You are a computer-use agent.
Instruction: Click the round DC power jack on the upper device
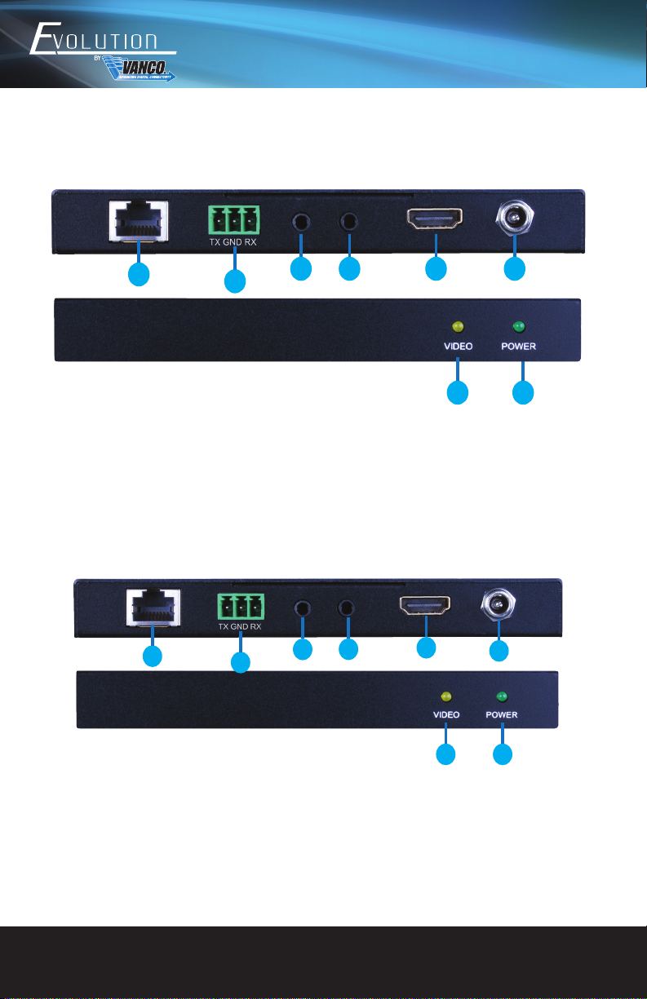coord(515,218)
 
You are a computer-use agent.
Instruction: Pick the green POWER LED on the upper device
coord(516,328)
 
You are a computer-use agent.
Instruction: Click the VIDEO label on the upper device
coord(458,346)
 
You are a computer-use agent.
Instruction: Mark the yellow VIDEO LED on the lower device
coord(446,697)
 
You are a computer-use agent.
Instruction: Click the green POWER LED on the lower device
coord(503,697)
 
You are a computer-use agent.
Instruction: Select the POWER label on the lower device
coord(502,714)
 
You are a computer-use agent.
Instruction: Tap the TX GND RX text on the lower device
coord(240,627)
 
